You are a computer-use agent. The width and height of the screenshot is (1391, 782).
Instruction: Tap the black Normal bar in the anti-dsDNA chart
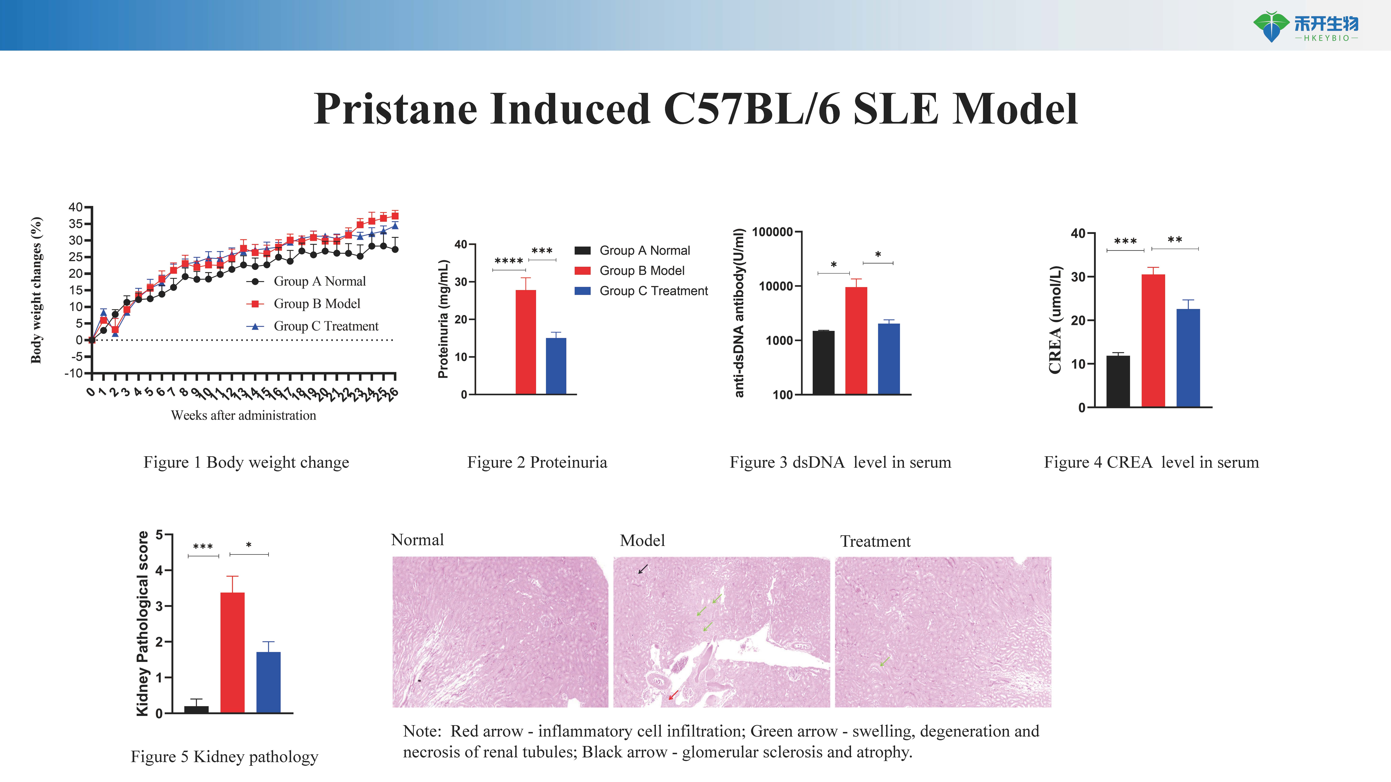(x=823, y=363)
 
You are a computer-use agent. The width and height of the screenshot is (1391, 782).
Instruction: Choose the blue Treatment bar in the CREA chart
(x=1188, y=358)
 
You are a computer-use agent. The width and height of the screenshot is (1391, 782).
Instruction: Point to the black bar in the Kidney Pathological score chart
(x=197, y=709)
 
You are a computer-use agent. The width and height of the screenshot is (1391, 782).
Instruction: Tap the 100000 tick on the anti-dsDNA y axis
(x=772, y=232)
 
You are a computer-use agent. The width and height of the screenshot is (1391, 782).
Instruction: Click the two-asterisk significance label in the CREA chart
(x=1175, y=240)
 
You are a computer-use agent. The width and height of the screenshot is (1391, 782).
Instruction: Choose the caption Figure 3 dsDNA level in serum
(x=840, y=463)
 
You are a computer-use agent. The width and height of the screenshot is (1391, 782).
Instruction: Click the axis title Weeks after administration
(x=243, y=415)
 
